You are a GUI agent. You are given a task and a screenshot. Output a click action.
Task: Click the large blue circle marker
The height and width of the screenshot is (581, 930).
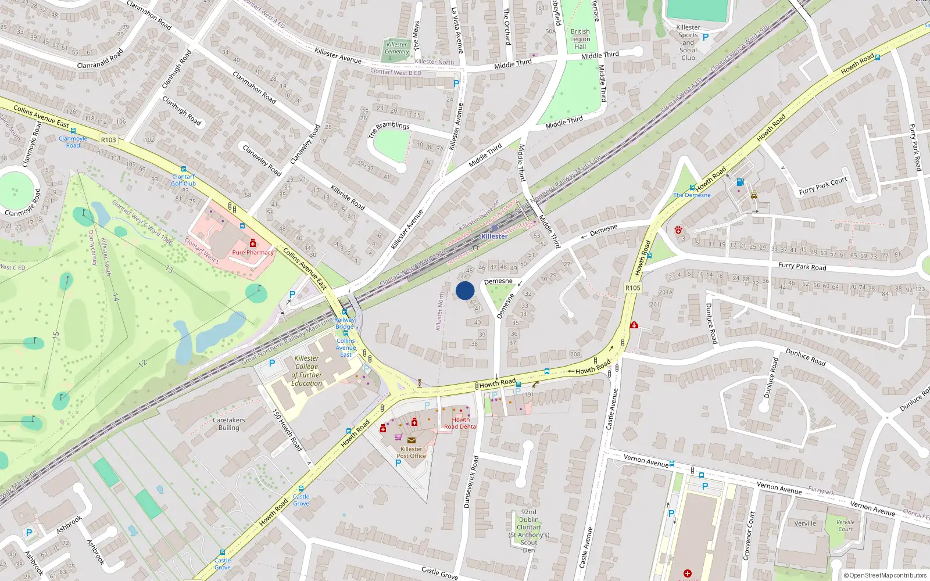465,290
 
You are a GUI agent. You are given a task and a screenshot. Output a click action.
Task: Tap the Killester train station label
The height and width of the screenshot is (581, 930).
494,236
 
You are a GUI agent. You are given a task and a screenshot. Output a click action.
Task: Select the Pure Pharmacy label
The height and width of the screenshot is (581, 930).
253,253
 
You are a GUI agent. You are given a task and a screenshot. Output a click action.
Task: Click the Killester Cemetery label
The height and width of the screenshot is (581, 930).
397,48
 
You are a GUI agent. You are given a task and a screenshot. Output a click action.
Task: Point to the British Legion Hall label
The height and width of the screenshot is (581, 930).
580,39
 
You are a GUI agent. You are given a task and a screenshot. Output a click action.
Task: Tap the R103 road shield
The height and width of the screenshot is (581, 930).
108,139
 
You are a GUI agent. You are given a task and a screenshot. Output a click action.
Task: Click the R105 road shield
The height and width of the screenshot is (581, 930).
633,288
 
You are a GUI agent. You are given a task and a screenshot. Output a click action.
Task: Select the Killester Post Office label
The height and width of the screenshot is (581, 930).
412,452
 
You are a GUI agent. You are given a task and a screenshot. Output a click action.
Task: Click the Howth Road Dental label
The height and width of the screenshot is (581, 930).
461,423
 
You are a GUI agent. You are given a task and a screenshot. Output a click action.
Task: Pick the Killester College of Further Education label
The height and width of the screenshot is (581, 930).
306,371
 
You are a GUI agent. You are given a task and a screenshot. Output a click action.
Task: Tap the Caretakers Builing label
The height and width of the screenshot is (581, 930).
229,424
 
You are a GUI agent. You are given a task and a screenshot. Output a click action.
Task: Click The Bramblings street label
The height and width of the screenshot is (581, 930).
389,129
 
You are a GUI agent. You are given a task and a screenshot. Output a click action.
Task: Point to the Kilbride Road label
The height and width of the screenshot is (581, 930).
348,197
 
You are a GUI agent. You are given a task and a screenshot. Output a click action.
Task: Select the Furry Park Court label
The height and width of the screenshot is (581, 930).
822,186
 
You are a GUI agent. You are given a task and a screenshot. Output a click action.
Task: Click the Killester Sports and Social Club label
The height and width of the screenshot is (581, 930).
688,42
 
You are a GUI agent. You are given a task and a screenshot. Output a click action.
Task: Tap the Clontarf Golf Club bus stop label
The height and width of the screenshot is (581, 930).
183,180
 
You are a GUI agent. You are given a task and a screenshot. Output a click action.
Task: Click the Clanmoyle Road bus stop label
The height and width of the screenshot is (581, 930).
73,142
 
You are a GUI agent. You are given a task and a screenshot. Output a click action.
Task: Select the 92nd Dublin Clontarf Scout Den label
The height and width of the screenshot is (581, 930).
529,531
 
